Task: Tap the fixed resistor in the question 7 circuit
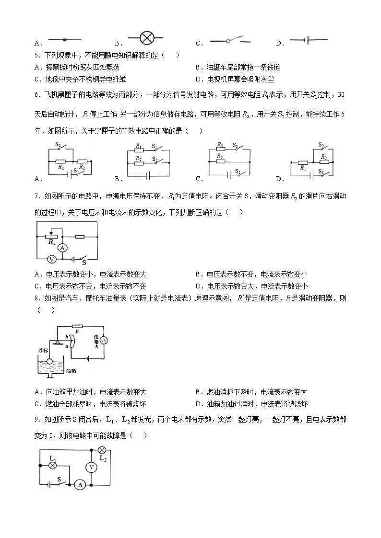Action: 80,236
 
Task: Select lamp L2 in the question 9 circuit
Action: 102,450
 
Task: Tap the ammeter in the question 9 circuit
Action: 80,485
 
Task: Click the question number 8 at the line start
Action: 37,298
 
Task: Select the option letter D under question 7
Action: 198,286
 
